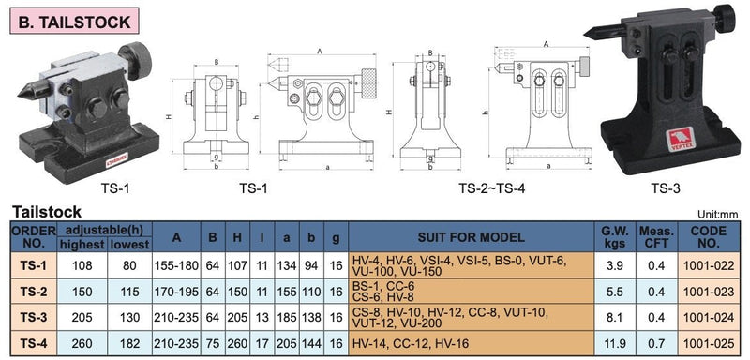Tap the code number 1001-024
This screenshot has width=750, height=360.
[709, 318]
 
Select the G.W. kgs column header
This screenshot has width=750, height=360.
[614, 236]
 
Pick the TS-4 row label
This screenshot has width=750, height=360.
[33, 343]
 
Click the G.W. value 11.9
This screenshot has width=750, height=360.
[615, 343]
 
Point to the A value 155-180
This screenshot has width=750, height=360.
[176, 265]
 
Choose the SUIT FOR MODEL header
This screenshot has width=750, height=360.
[472, 236]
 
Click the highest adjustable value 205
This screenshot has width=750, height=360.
[82, 318]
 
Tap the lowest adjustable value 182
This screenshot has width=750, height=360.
[129, 343]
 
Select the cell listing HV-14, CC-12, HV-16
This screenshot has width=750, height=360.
[472, 343]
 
